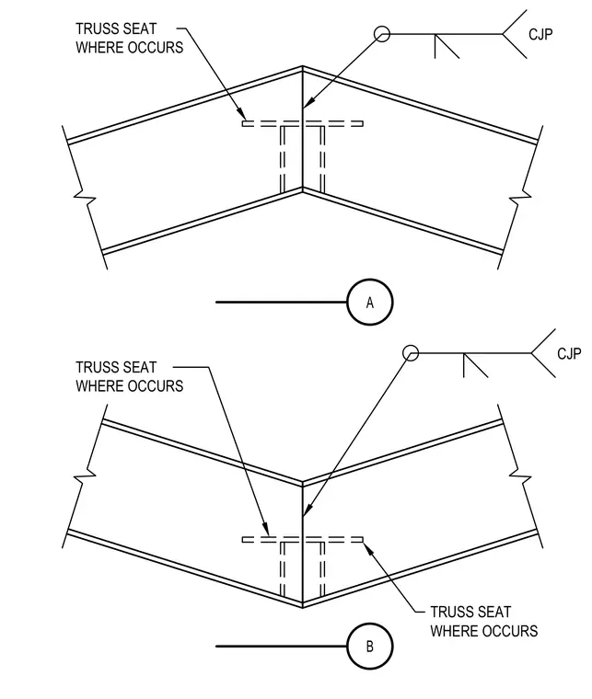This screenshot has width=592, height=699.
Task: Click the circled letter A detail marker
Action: point(370,302)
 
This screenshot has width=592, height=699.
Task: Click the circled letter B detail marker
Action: point(370,646)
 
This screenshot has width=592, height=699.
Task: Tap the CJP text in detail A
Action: point(540,34)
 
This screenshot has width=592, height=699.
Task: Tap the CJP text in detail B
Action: point(569,353)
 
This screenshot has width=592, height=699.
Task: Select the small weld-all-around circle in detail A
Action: point(381,34)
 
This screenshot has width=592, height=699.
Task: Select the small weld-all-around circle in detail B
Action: point(411,353)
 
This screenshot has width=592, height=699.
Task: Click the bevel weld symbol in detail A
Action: point(447,46)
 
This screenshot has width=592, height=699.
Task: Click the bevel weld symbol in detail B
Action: point(476,365)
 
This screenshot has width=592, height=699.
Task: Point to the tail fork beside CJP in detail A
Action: point(515,34)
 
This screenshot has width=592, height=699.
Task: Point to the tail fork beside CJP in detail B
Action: point(543,353)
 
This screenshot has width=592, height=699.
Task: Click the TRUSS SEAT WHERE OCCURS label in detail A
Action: point(130,38)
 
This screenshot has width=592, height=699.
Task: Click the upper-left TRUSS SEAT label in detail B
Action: point(130,377)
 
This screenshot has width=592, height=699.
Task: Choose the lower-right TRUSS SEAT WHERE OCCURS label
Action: point(484,621)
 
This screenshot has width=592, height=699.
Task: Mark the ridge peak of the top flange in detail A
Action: point(303,67)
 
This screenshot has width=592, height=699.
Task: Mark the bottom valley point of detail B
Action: point(303,607)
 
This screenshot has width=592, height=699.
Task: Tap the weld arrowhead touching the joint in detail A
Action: point(307,103)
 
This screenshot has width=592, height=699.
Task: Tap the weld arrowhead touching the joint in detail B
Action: point(306,511)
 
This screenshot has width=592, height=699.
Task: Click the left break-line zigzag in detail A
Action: point(85,196)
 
